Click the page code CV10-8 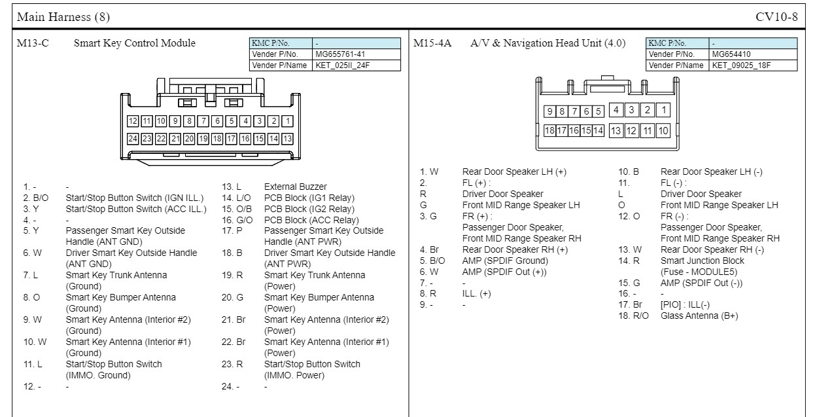point(776,16)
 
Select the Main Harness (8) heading point(55,16)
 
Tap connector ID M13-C point(33,44)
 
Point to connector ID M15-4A point(432,44)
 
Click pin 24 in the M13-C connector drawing point(133,138)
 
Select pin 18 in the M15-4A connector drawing point(550,130)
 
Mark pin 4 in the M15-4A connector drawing point(616,110)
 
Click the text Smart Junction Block point(702,261)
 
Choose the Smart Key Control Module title point(134,44)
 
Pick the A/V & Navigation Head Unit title point(547,44)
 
